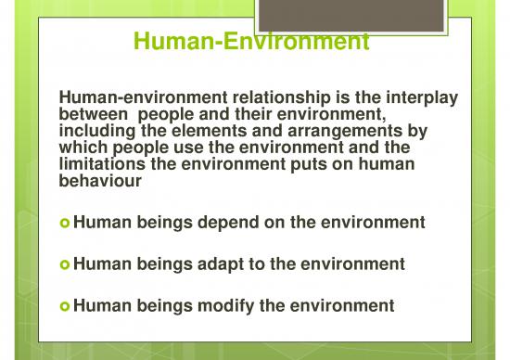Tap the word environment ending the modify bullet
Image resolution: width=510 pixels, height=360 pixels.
pyautogui.click(x=346, y=304)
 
